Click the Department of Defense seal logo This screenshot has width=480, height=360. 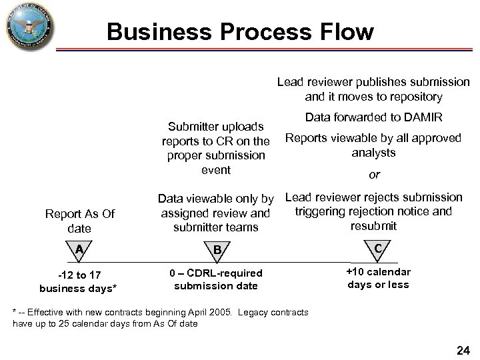tap(29, 27)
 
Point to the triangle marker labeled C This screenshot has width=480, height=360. tap(377, 247)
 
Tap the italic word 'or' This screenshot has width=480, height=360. tap(374, 175)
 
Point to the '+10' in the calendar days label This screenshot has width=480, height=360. tap(358, 272)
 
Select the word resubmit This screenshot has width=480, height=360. tap(373, 226)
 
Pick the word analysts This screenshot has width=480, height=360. tap(374, 152)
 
